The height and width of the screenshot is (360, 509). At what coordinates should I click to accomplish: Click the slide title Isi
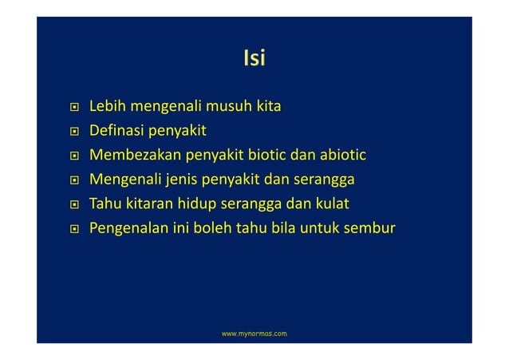[x=254, y=58]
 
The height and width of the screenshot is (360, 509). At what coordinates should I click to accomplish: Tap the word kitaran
[x=146, y=204]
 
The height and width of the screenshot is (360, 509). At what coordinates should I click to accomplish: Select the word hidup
[x=194, y=204]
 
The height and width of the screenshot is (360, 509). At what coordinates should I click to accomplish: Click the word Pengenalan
[x=129, y=229]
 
